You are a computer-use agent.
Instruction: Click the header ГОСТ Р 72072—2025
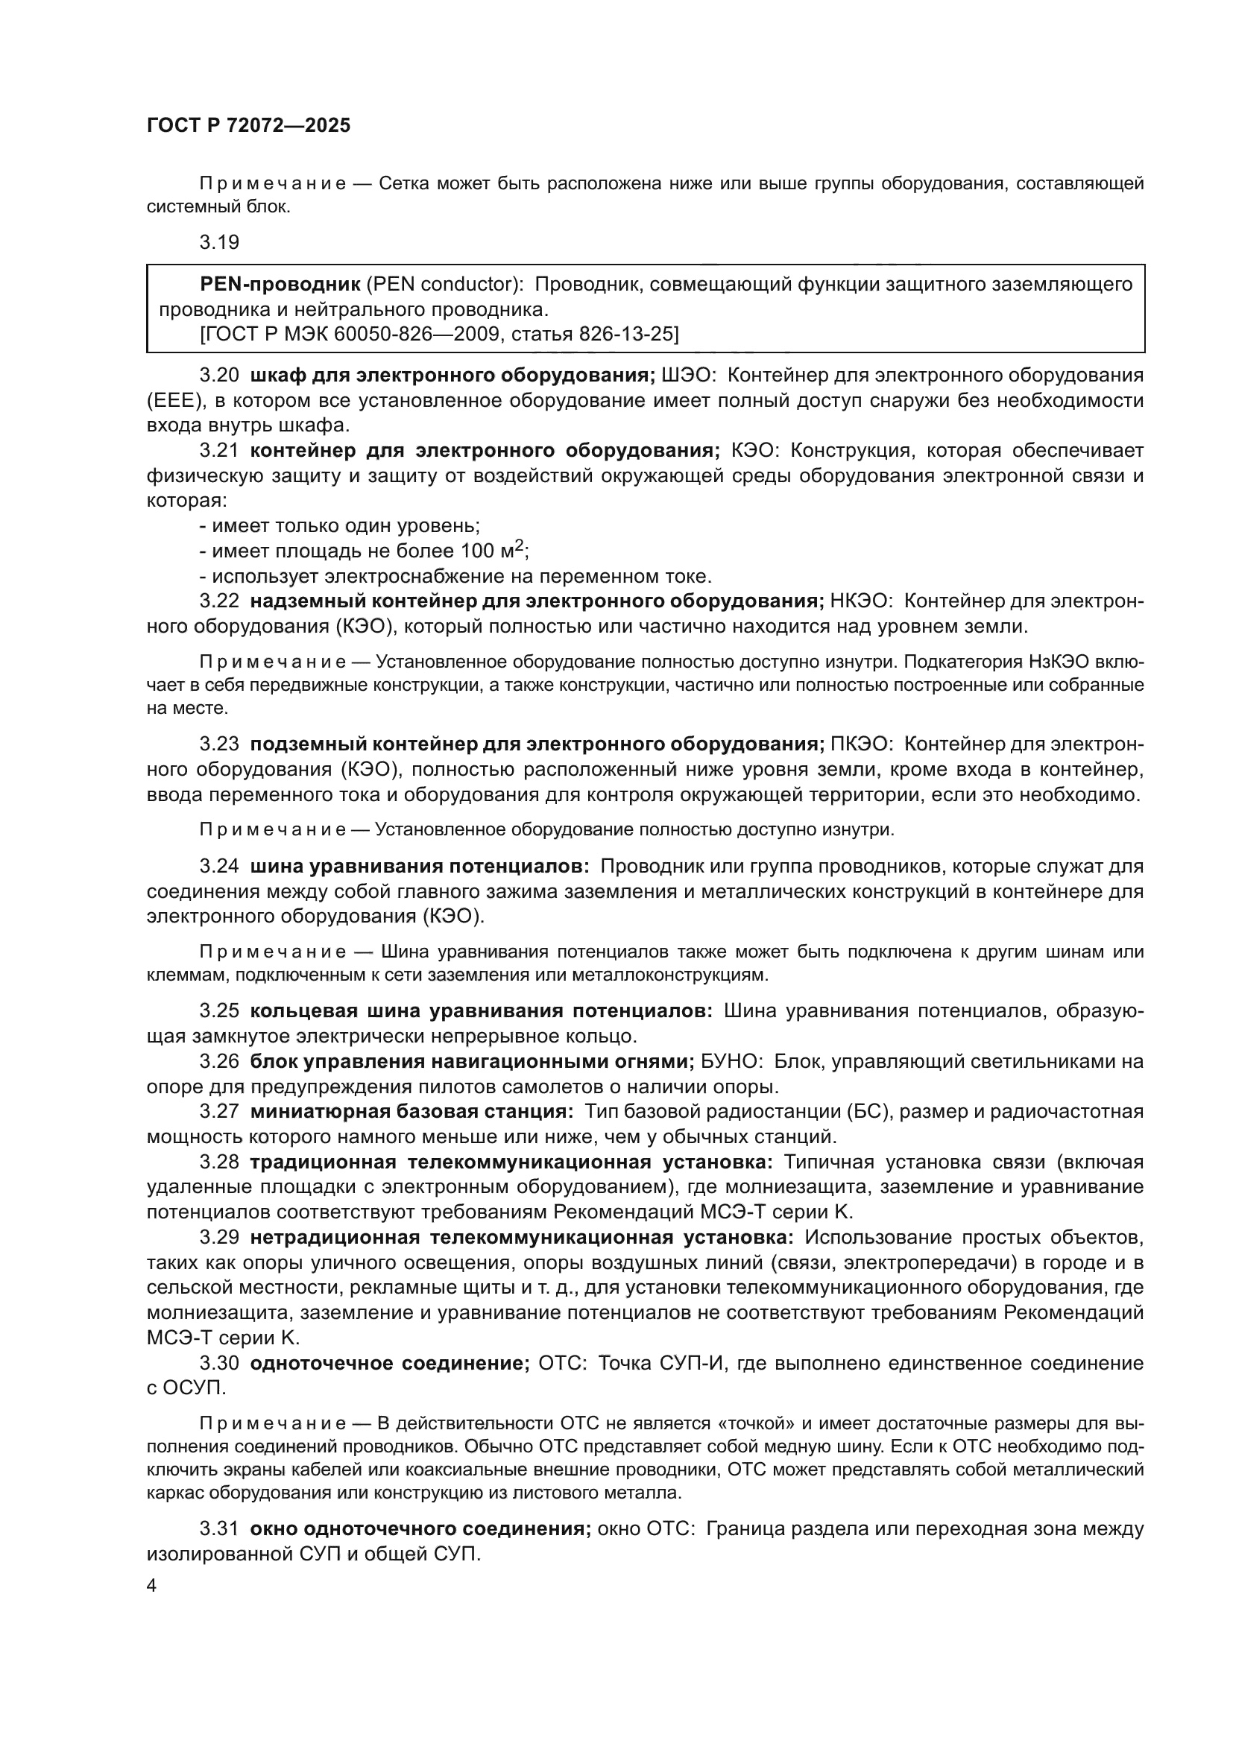248,126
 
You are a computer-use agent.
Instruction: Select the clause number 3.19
219,242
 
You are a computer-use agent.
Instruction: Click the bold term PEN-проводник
280,284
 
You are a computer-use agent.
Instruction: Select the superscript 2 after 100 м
519,544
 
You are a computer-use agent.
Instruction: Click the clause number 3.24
219,866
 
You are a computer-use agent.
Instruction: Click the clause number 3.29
219,1238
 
